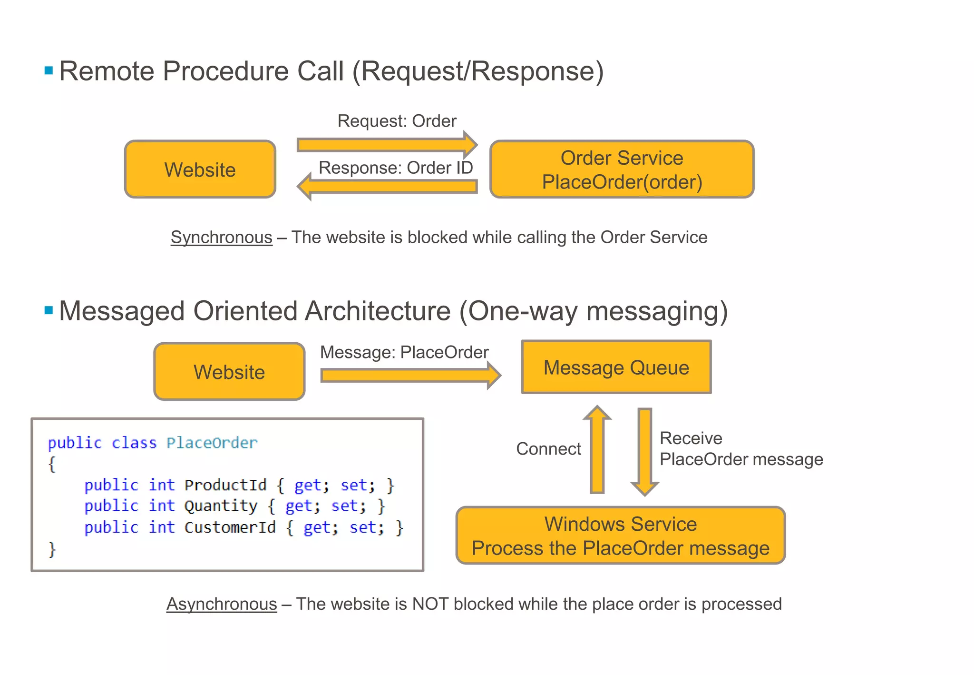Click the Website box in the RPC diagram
[200, 169]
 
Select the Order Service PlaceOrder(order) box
[622, 169]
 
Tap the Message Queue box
[616, 367]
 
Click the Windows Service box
[620, 536]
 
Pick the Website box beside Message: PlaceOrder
[229, 372]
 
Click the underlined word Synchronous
[222, 237]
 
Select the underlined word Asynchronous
[222, 604]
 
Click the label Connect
[548, 448]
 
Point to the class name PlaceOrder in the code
[212, 443]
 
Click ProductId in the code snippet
[225, 485]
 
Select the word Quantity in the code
[221, 506]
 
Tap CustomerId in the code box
[230, 527]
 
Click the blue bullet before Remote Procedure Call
[49, 71]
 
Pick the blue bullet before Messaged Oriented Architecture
[49, 311]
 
